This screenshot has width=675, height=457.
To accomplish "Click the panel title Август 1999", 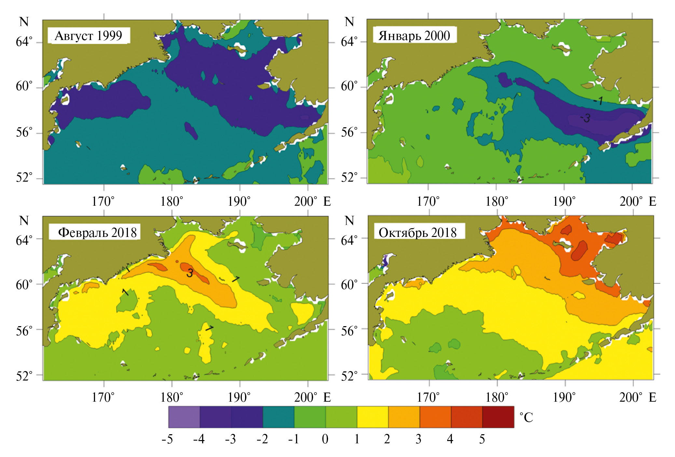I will pos(88,35).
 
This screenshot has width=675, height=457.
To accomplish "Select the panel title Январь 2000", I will pos(414,35).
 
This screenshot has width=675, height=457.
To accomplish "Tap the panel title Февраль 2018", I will pos(97,232).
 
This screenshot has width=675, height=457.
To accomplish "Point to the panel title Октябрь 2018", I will pos(418,232).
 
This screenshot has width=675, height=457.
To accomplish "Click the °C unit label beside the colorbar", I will pos(526,418).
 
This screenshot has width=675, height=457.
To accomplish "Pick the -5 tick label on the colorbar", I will pos(167,439).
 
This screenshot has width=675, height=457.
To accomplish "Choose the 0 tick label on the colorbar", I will pos(325,439).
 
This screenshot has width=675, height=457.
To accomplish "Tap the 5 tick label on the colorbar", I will pos(482,439).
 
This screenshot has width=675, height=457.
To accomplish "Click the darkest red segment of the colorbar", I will pos(498,417).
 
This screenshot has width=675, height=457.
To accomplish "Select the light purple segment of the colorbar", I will pos(184,417).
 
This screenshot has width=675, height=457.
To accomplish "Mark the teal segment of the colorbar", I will pos(278,417).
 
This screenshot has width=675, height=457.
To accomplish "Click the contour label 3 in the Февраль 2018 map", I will pos(190,273).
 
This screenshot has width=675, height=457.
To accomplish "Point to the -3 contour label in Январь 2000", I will pos(585,118).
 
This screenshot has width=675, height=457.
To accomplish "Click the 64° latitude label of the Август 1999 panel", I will pos(24,42).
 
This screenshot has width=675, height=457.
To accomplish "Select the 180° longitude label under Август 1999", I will pos(172,201).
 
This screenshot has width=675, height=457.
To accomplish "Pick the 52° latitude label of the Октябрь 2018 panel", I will pos(349,376).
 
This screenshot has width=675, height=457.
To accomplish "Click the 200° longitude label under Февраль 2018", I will pos(305,397).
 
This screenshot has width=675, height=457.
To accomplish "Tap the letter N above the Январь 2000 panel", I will pos(349,22).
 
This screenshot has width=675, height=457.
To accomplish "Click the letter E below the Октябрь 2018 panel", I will pos(652,397).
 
